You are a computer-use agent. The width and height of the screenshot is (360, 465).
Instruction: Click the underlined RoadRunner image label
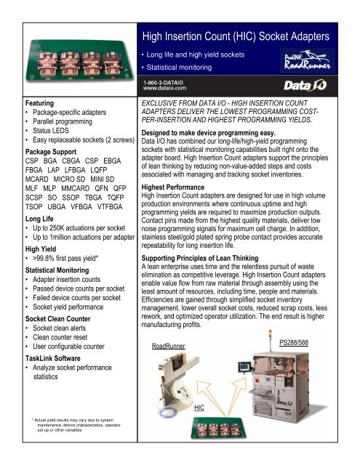pos(166,326)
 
